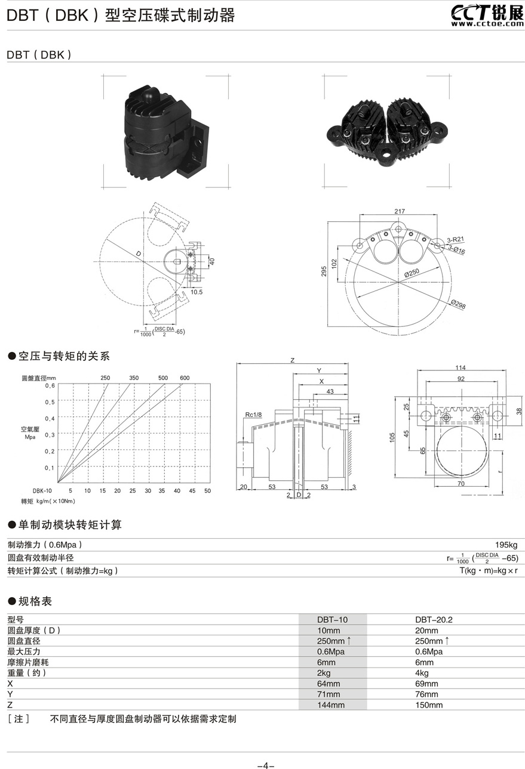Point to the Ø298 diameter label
click(x=459, y=305)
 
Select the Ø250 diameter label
click(x=413, y=273)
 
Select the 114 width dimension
click(x=459, y=367)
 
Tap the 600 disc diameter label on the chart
click(x=185, y=378)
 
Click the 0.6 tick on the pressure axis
click(x=50, y=386)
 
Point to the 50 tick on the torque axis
click(x=207, y=490)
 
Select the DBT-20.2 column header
click(x=434, y=619)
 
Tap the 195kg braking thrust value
click(x=506, y=545)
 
